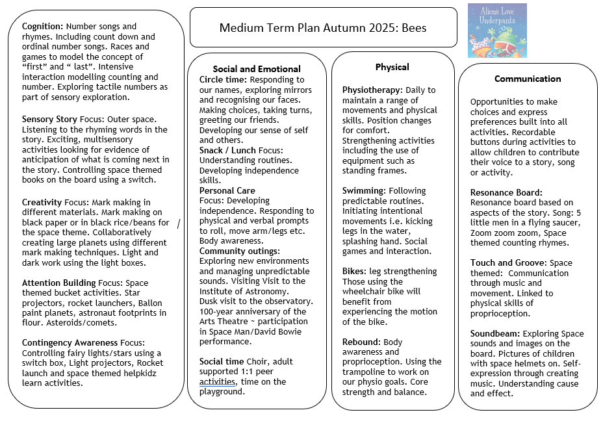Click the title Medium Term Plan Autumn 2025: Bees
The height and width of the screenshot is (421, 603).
pos(323,28)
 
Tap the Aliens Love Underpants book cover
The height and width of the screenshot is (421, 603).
pos(496,31)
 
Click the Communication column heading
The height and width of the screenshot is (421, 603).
pos(528,79)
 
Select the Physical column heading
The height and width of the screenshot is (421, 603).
pos(392,67)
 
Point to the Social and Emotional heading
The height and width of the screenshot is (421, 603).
pos(257,69)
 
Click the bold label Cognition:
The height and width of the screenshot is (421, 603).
pos(42,27)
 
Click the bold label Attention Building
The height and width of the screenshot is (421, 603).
pos(58,283)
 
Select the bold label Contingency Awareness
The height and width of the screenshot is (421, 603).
pos(70,342)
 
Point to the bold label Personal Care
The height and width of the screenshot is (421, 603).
pos(227,191)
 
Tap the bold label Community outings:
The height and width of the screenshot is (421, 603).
pos(240,251)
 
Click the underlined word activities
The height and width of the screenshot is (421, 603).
pos(217,381)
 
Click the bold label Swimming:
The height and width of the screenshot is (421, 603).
pos(365,191)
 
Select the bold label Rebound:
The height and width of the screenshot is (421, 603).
pos(361,342)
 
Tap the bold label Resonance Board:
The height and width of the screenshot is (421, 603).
pos(506,192)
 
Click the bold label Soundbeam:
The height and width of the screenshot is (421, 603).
pos(496,334)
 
